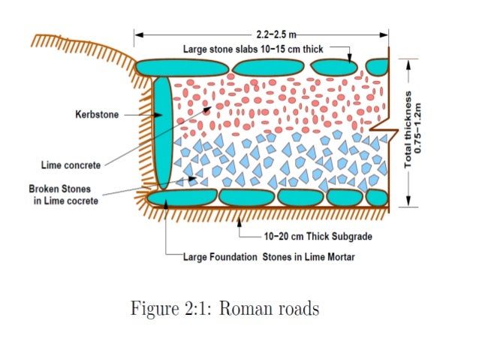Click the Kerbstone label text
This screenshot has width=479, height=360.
coord(95,115)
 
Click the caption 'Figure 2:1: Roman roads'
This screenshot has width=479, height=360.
coord(224,309)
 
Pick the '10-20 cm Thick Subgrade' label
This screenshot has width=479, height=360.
coord(318,236)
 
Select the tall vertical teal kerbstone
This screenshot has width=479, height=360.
coord(162,132)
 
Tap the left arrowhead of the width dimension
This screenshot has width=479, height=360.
coord(138,35)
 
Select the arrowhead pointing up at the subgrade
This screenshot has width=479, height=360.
coord(239,219)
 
